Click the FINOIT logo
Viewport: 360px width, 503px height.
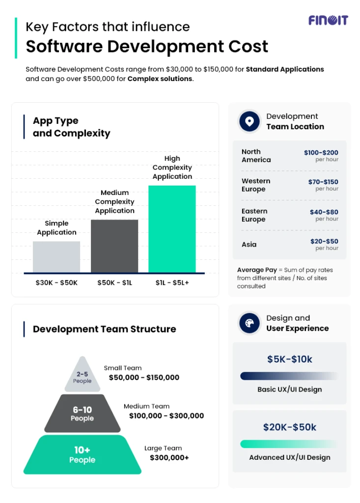tap(328, 20)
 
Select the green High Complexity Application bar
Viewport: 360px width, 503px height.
tap(172, 228)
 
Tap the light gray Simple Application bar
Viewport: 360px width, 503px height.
tap(56, 256)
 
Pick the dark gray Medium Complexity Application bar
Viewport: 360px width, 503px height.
tap(114, 246)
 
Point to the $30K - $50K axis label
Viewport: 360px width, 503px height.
tap(56, 283)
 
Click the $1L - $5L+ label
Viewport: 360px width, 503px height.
tap(172, 283)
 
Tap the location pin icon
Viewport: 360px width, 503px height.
tap(249, 121)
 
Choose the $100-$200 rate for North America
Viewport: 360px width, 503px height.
tap(321, 153)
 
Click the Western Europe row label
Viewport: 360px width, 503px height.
tap(256, 185)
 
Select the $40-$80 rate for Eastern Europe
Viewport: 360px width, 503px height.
tap(324, 212)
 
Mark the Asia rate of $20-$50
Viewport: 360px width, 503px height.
tap(324, 241)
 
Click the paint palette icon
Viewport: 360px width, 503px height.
tap(249, 323)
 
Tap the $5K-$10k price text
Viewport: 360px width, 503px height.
tap(289, 359)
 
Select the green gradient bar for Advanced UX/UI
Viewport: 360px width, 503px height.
tap(289, 444)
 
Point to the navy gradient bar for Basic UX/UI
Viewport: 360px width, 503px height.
tap(289, 376)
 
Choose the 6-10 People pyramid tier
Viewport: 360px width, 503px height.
tap(82, 414)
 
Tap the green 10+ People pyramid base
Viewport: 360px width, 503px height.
tap(82, 455)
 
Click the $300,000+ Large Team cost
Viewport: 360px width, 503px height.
tap(169, 457)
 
